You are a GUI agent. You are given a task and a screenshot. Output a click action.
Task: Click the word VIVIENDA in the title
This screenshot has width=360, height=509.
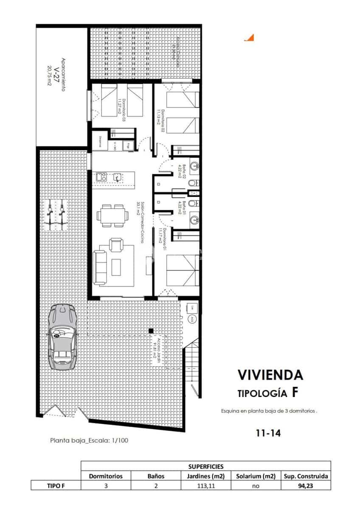[x=270, y=375]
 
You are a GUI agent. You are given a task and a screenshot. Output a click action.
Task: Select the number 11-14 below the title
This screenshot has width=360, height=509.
[x=268, y=433]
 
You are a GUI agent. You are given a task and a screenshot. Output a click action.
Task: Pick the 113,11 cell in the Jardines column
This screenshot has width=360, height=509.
[x=205, y=486]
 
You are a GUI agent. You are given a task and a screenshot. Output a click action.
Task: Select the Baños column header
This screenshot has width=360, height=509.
[x=155, y=476]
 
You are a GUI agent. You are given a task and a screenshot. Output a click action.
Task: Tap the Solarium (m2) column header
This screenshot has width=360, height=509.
[x=256, y=476]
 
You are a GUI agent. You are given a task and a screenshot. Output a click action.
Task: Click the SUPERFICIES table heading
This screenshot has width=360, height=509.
[x=205, y=466]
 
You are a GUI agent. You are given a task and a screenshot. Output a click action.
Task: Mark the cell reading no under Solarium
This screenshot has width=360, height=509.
[x=256, y=486]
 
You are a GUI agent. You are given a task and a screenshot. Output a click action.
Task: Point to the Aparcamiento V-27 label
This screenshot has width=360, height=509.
[x=58, y=74]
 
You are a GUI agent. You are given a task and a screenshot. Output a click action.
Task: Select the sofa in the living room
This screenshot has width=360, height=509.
[x=100, y=267]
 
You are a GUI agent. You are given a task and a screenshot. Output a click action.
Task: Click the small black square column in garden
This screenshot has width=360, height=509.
[x=150, y=330]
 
